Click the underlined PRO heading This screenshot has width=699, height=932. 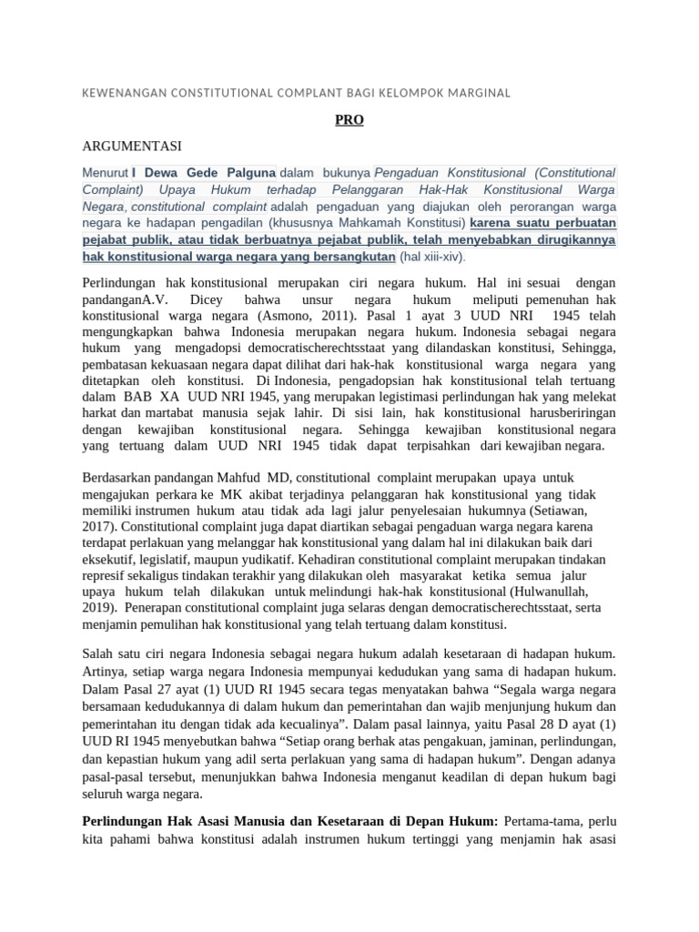pos(349,119)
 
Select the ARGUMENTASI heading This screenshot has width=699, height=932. pos(132,146)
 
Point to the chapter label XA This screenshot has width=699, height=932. pos(169,397)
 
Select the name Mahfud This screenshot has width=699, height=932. pos(240,477)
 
